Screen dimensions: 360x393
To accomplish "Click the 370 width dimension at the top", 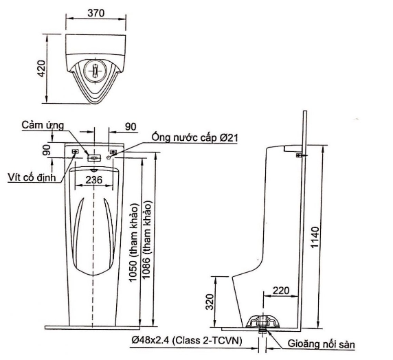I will coord(96,12).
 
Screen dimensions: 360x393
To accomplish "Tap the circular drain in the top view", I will coord(96,69).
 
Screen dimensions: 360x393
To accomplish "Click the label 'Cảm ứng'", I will coord(43,125).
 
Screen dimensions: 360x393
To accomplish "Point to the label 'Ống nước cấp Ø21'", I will coord(194,139).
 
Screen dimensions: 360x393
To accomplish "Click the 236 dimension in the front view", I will coord(95,179).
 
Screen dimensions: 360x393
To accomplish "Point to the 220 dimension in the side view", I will coord(280,291).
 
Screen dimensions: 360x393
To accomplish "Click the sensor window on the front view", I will coord(95,157).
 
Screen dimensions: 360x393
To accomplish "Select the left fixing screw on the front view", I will coord(75,152).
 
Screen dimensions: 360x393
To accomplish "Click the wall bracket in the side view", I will coord(297,155).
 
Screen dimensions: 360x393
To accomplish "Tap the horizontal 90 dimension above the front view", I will coord(130,126).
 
